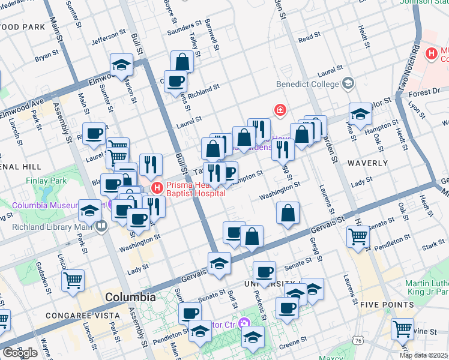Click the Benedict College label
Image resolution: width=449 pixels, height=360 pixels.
[307, 85]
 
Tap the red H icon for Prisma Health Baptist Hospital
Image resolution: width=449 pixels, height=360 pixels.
[157, 187]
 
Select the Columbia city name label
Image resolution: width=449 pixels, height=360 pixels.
[130, 297]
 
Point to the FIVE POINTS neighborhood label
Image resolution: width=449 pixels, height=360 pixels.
[388, 305]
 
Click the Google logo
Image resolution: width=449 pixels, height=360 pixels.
[20, 352]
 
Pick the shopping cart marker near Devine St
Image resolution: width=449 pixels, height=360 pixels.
[402, 328]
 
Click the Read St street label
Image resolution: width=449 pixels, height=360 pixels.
[309, 37]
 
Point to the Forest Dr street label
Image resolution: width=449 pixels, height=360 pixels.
[427, 92]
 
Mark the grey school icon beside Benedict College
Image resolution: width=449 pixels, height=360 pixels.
[348, 84]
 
